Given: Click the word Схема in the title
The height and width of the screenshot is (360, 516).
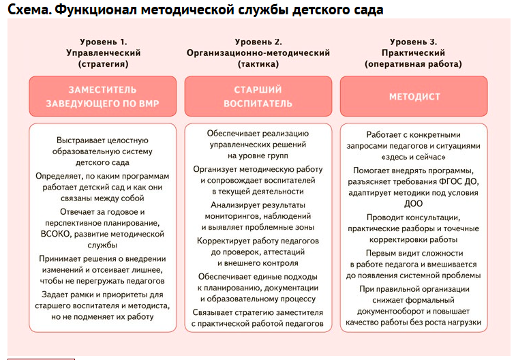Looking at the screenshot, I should [26, 10].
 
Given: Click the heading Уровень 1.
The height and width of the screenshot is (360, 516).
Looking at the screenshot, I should [103, 42].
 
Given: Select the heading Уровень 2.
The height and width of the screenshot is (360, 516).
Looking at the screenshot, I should [258, 42].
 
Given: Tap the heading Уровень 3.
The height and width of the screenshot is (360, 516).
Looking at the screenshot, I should [414, 42].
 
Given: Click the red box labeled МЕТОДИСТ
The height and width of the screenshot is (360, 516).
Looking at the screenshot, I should [414, 96].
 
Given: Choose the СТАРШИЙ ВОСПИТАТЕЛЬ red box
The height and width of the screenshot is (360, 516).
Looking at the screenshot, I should [258, 96].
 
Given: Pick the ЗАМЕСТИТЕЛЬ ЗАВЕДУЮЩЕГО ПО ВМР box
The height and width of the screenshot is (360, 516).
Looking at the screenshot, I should [102, 96].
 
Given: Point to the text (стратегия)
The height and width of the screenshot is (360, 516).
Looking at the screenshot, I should [103, 64].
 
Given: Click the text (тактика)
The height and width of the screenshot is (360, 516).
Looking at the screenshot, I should [258, 64].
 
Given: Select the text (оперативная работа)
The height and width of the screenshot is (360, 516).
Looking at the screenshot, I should [414, 64].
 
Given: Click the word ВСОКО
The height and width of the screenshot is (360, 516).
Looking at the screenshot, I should [56, 234].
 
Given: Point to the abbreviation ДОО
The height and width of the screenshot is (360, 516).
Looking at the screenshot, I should [413, 203].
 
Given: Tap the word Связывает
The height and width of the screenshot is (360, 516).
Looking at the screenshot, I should [215, 312].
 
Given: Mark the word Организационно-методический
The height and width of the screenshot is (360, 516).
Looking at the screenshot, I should [258, 52].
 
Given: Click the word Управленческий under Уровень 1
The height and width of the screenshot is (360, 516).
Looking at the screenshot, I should [103, 52].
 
